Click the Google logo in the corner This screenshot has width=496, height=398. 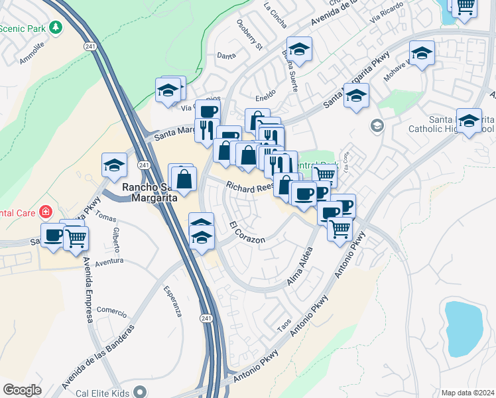[22, 390]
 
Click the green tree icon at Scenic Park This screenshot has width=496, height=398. [56, 27]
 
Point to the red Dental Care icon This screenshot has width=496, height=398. [46, 213]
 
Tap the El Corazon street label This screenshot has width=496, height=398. [247, 232]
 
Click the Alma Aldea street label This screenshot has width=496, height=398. [299, 271]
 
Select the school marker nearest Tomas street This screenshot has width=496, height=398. [114, 166]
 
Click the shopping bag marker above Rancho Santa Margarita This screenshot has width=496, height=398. [184, 178]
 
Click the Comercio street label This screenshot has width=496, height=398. [111, 310]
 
